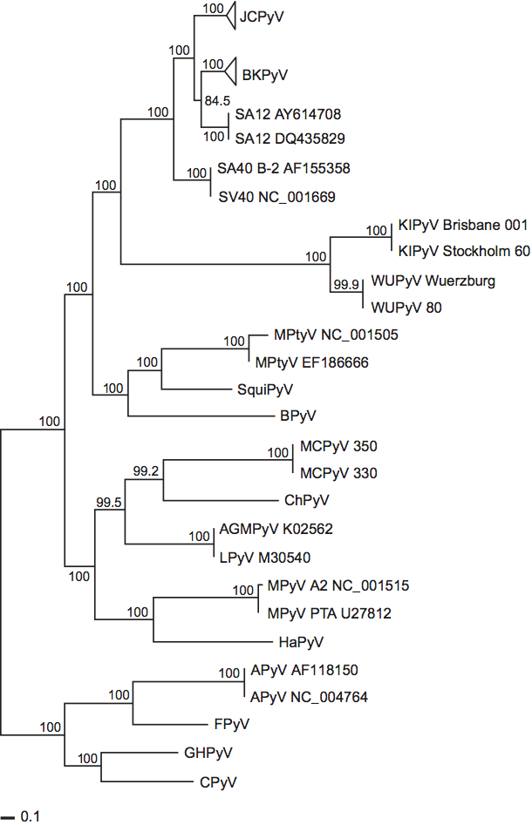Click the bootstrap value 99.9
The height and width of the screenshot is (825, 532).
(x=346, y=284)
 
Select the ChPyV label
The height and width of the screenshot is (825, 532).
(x=304, y=501)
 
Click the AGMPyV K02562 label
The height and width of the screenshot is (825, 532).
(x=270, y=529)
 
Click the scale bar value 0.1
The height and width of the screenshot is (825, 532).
(x=31, y=817)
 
